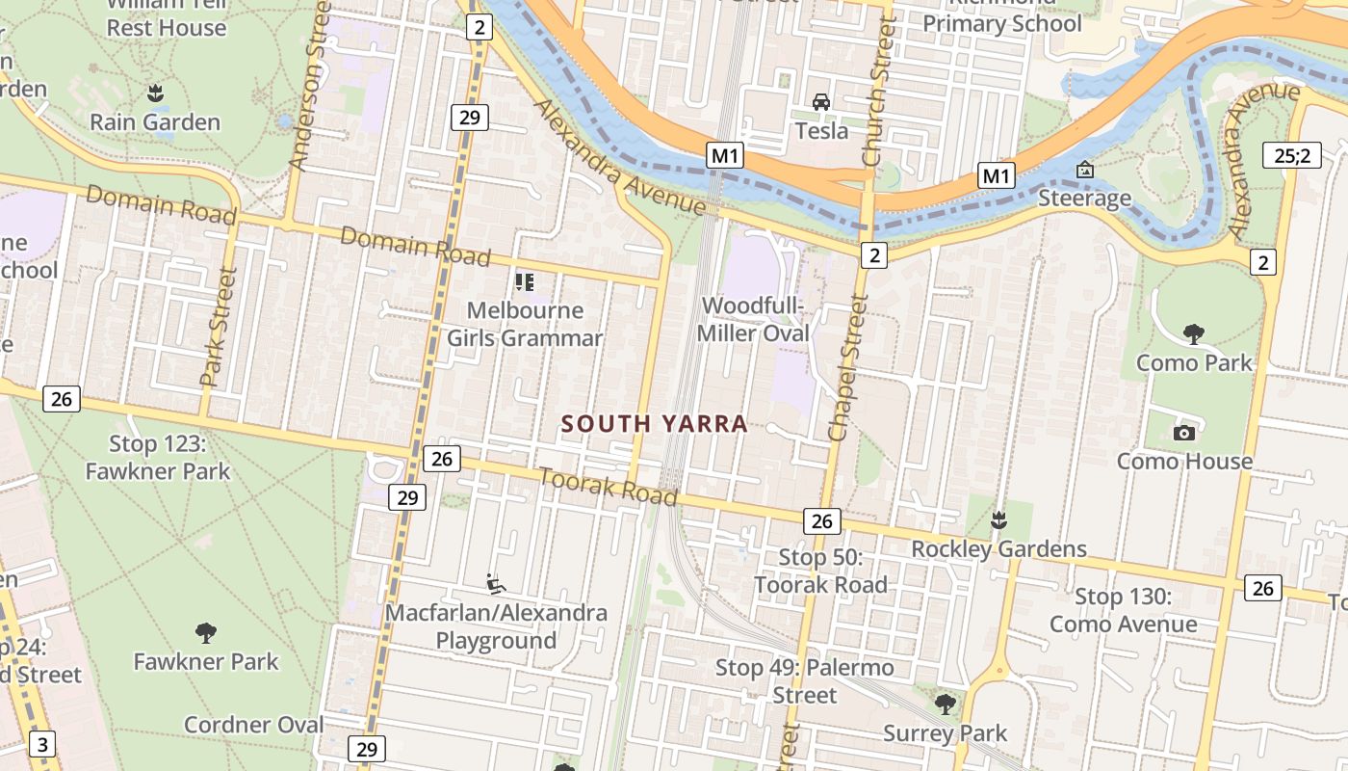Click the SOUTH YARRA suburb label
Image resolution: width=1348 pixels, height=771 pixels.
click(x=654, y=424)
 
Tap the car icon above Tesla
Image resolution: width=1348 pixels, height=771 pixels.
click(x=821, y=101)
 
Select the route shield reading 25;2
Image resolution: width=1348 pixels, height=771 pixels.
click(x=1292, y=154)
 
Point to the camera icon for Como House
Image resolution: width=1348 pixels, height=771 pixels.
click(x=1184, y=433)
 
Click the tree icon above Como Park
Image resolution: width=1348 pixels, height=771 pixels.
click(x=1194, y=334)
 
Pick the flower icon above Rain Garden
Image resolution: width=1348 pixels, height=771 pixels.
click(x=154, y=93)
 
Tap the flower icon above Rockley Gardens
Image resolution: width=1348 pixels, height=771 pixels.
click(x=998, y=520)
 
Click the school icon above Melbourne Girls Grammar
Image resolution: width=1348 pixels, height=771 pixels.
click(x=525, y=282)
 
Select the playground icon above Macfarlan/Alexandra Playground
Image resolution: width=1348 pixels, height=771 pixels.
click(x=496, y=583)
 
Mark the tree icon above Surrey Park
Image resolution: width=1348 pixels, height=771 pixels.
click(x=946, y=705)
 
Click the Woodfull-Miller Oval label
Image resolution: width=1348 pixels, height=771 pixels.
click(x=754, y=319)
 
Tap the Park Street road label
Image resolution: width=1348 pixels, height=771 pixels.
click(x=218, y=328)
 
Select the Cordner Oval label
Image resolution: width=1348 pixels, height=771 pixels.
click(x=253, y=725)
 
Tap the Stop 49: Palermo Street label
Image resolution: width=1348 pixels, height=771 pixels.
click(x=805, y=680)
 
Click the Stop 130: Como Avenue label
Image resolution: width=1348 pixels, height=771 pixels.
click(x=1123, y=610)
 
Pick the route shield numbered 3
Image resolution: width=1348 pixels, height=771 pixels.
click(x=42, y=744)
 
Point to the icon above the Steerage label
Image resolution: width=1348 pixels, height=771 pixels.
click(x=1085, y=171)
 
